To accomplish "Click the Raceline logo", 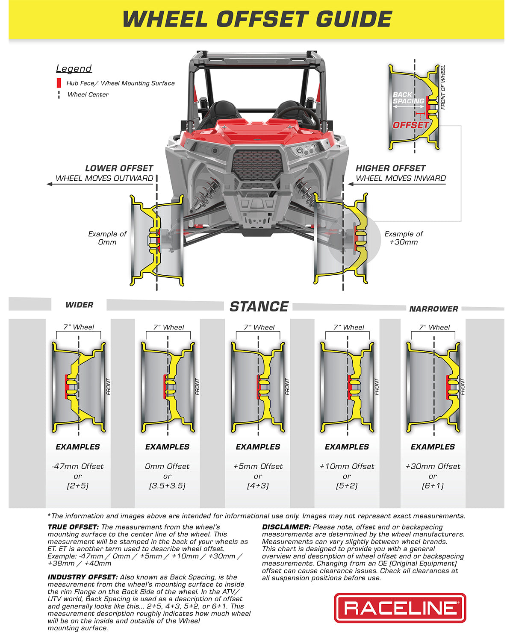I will tap(400, 608).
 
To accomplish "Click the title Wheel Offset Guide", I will tap(257, 19).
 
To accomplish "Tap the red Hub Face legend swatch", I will tap(59, 83).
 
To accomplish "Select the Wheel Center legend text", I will tap(88, 94).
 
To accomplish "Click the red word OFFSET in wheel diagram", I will tap(410, 125).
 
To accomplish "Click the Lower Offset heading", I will tap(119, 168).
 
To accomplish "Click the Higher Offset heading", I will tap(390, 168).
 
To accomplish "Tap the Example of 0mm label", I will tap(107, 238).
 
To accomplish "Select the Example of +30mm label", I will tap(404, 238).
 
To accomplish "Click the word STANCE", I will tap(259, 306).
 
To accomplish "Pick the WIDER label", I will tap(79, 305).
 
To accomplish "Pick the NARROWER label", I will tap(433, 309).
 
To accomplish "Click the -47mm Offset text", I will tap(77, 466).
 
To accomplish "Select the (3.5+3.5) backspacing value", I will tap(167, 486).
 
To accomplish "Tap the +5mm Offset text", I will tap(258, 466).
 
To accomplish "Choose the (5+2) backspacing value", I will tap(347, 486).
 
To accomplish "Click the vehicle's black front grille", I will tap(258, 165).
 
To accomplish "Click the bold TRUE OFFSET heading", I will tap(73, 527).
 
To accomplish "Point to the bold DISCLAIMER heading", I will tap(286, 527).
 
